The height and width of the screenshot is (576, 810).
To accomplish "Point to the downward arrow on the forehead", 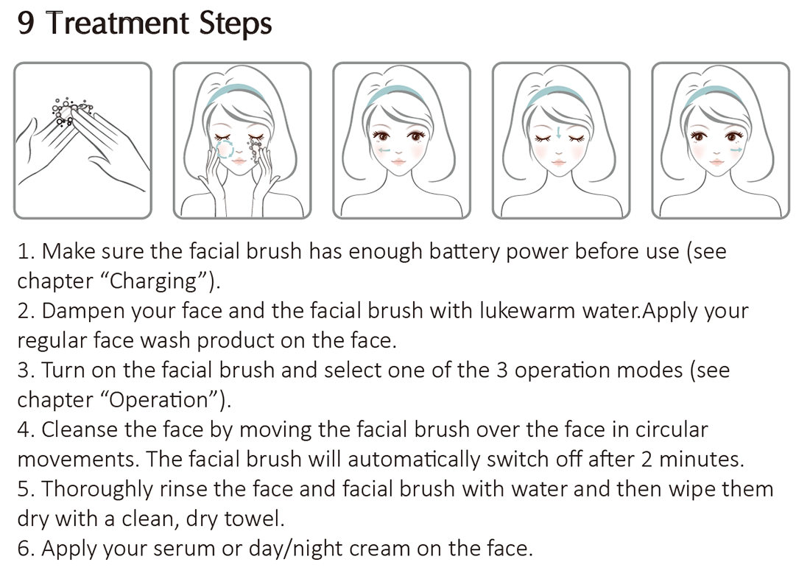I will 560,133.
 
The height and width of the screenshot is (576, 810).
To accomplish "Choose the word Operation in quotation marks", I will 161,400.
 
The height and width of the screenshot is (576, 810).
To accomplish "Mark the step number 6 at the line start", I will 25,548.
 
